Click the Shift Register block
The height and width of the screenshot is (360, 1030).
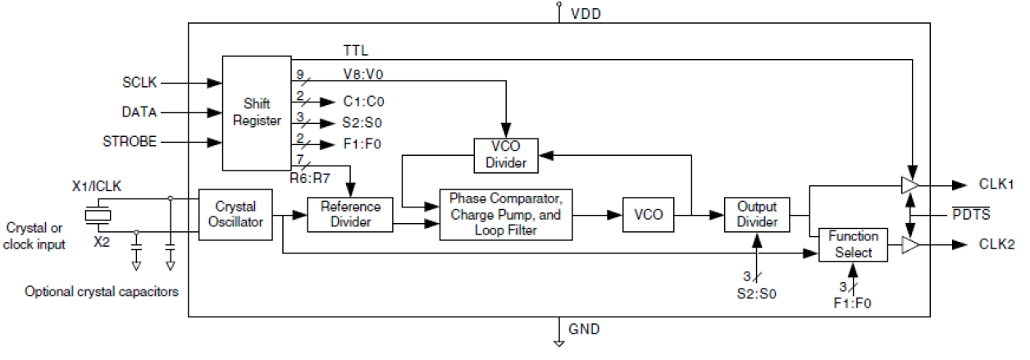click(257, 112)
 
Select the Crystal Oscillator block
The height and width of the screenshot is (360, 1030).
click(236, 215)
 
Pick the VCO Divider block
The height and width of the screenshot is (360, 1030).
click(506, 155)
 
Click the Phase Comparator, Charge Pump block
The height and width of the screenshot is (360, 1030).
click(505, 215)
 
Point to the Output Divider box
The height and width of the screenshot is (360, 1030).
click(757, 215)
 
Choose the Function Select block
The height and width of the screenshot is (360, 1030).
click(854, 245)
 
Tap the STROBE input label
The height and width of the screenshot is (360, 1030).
click(130, 142)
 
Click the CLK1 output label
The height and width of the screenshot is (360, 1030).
click(996, 185)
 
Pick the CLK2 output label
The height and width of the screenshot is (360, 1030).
click(996, 245)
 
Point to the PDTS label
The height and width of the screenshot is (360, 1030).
click(971, 215)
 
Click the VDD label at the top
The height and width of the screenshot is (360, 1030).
click(586, 14)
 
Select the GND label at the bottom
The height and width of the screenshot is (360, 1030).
click(585, 330)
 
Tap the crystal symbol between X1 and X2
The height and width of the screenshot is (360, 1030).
click(98, 215)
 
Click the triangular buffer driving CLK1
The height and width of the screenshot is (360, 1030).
click(910, 185)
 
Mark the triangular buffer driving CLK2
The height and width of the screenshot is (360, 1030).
click(910, 245)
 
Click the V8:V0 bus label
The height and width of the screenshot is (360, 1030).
click(363, 74)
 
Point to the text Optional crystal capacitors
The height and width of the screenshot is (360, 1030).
click(102, 291)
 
